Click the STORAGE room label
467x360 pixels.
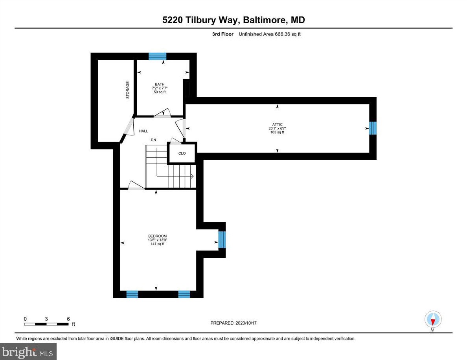127,90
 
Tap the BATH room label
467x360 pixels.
160,84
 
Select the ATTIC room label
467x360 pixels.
278,124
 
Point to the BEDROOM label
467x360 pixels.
157,236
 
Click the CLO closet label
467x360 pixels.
182,153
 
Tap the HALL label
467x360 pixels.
143,131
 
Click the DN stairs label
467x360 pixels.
154,140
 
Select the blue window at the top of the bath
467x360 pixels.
157,56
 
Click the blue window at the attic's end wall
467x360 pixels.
373,128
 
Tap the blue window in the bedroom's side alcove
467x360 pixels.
222,240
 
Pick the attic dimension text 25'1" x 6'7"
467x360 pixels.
278,128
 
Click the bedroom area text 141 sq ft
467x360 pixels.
157,244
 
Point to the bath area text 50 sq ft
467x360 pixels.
160,92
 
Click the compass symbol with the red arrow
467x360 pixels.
433,319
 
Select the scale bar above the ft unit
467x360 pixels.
46,324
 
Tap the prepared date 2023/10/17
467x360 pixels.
246,323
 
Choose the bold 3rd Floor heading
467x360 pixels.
222,34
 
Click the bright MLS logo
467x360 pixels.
28,351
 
